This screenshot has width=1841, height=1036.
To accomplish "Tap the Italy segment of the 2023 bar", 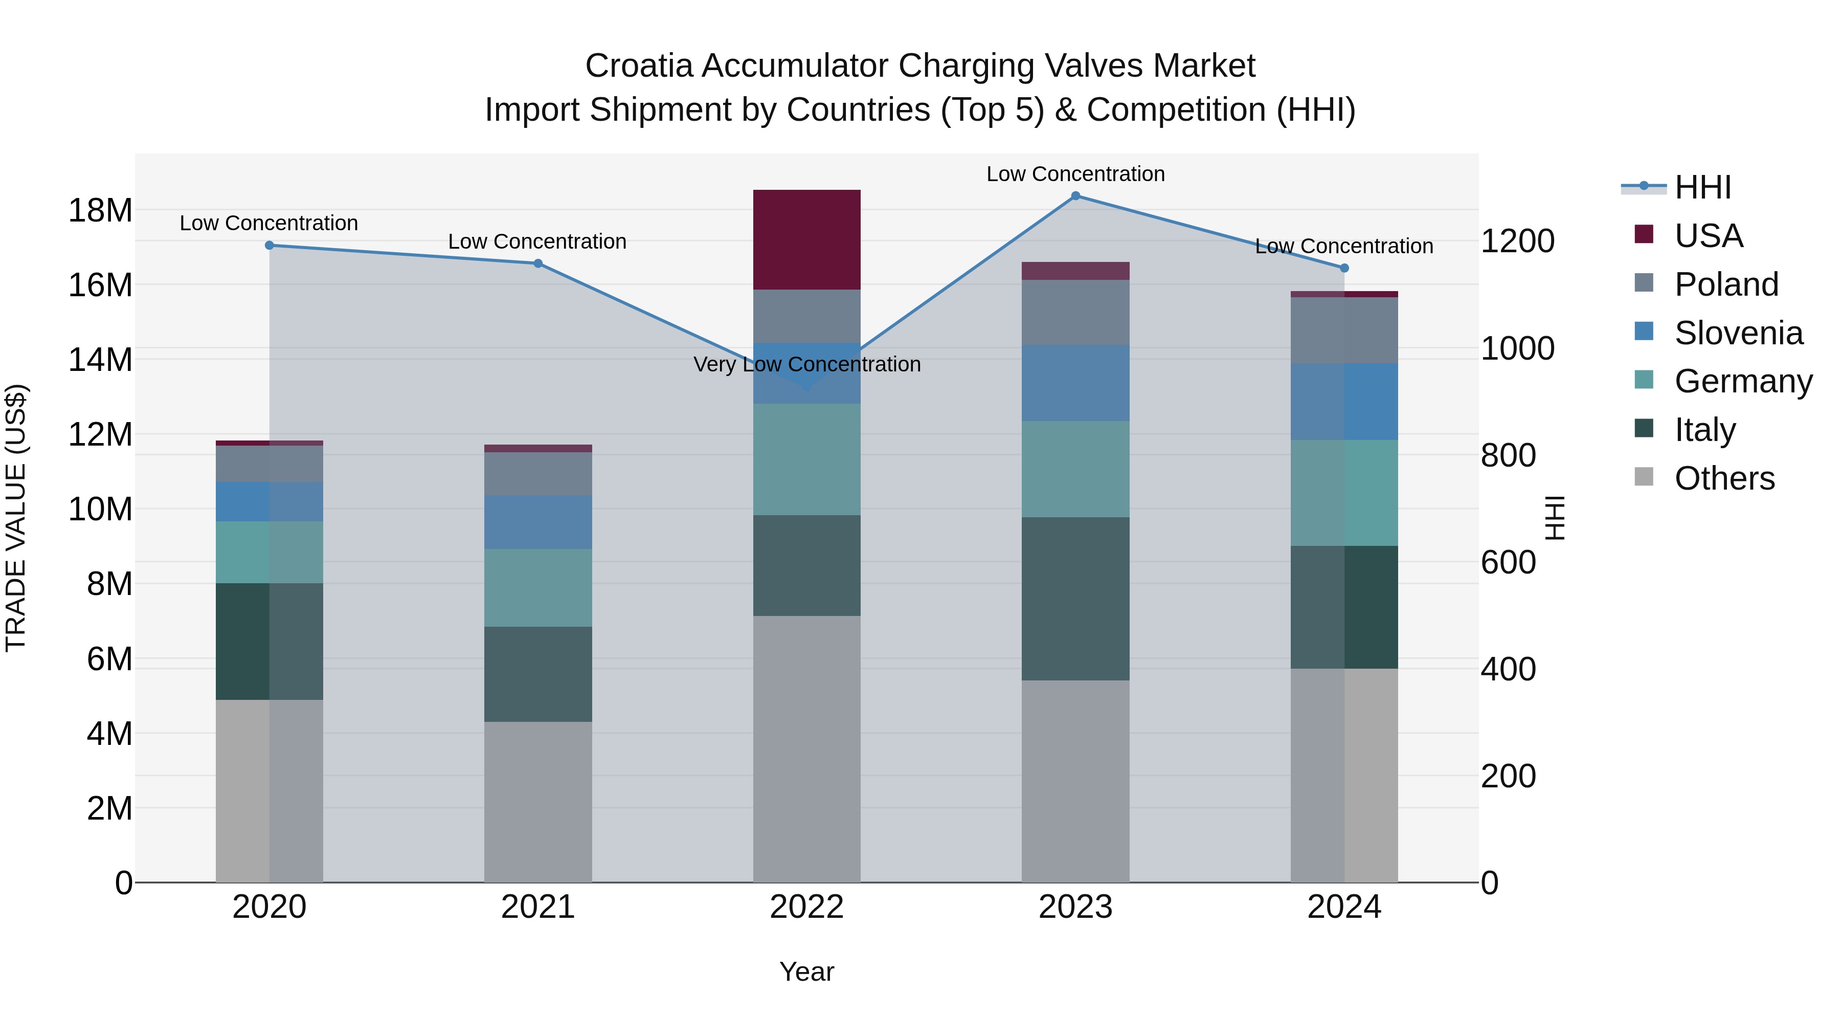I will [1075, 599].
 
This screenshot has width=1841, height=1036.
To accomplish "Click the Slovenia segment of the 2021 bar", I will [537, 522].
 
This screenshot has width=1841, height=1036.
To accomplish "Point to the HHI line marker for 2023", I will [1075, 196].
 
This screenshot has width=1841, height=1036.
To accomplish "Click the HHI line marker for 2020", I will [270, 245].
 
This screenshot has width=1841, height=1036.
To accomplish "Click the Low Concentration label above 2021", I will [537, 241].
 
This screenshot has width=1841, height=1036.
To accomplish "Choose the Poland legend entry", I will [1725, 284].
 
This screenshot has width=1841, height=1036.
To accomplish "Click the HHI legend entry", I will [1702, 187].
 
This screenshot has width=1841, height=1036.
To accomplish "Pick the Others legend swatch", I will [1644, 477].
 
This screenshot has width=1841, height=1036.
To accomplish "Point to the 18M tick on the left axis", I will [100, 211].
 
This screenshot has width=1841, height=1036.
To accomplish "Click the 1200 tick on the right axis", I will [1517, 241].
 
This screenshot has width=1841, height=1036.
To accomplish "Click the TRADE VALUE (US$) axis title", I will [16, 518].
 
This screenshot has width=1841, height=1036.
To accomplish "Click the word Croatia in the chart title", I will [639, 66].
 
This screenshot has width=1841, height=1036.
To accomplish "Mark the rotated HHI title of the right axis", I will [1555, 518].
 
